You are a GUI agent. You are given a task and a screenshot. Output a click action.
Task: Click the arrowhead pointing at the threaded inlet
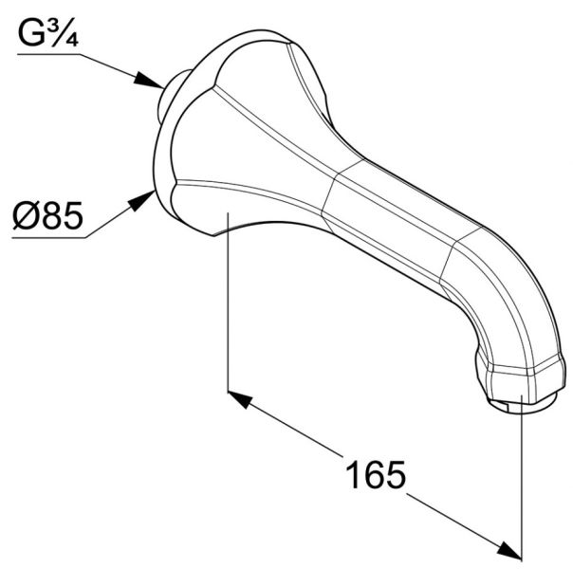tap(152, 83)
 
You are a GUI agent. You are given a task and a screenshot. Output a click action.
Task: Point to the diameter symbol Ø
tap(26, 217)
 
